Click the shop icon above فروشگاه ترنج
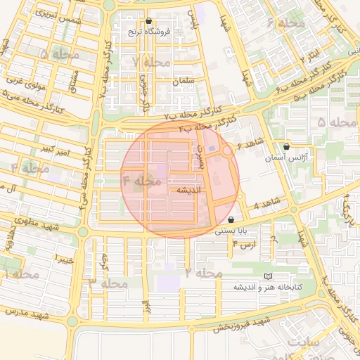(148, 21)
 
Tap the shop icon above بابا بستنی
(231, 220)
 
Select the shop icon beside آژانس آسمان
(286, 147)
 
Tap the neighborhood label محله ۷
(151, 62)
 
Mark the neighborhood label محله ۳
(108, 284)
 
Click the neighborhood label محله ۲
(204, 271)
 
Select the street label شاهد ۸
(266, 204)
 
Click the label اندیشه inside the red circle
(189, 190)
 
